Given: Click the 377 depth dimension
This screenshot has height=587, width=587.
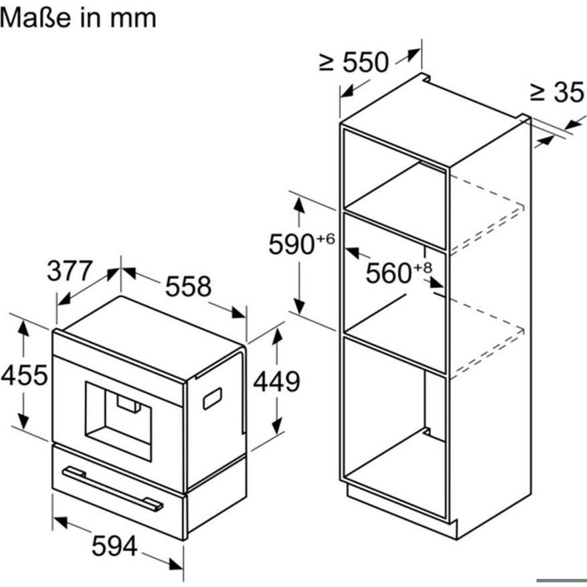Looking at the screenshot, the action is point(70,270).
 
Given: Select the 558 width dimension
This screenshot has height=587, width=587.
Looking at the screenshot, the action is point(188,286).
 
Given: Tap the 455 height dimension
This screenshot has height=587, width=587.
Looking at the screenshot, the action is point(24,374).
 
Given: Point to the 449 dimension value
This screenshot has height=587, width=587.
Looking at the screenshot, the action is point(276,382).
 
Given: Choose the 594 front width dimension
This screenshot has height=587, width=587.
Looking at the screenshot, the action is point(114,546).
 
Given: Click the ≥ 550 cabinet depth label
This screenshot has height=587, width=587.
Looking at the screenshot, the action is point(354,62).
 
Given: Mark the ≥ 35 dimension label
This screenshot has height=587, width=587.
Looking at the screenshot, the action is point(557,92).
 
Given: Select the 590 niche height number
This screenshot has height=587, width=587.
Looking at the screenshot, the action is point(291,245).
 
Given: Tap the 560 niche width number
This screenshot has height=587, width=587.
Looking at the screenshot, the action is point(388,273).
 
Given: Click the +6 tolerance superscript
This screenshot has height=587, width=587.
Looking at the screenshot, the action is point(326,239).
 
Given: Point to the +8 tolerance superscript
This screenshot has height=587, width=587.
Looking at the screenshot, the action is point(422,267).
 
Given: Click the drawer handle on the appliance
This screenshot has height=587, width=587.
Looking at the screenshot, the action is point(112,489).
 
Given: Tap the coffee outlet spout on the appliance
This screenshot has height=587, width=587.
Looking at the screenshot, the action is point(129,403).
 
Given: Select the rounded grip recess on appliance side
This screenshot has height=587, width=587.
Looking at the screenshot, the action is point(212,399).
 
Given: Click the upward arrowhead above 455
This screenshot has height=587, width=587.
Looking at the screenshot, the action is point(23,329).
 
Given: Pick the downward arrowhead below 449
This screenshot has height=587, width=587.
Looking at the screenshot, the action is point(276,426).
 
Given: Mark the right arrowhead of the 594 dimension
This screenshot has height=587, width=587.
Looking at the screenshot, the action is point(175,564).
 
